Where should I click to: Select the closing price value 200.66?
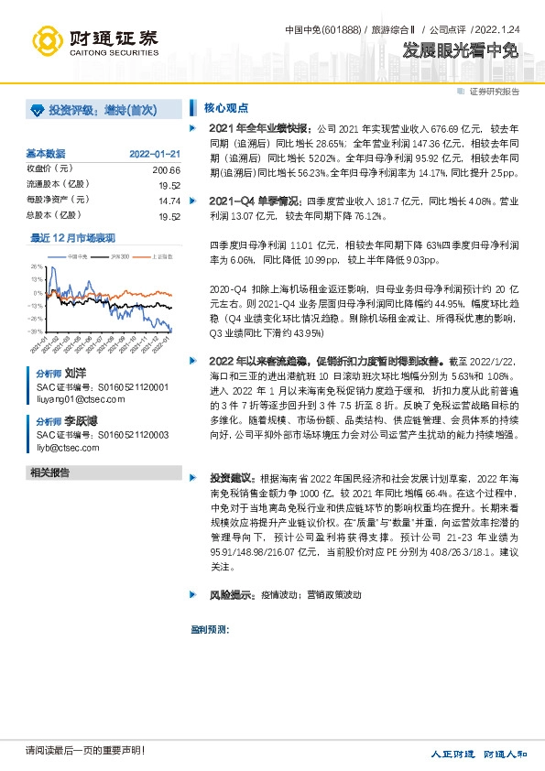pyautogui.click(x=166, y=170)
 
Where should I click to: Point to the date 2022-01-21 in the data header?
pyautogui.click(x=155, y=154)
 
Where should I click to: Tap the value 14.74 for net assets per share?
pyautogui.click(x=169, y=200)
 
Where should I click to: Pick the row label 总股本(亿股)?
pyautogui.click(x=50, y=215)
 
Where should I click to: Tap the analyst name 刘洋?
pyautogui.click(x=75, y=375)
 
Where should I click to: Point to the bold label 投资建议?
pyautogui.click(x=231, y=478)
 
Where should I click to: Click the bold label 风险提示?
pyautogui.click(x=231, y=595)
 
